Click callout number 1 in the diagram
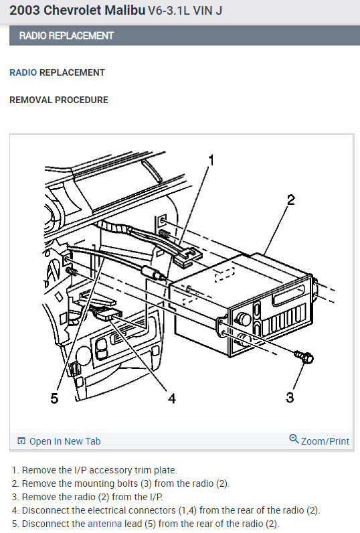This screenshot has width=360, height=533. [211, 160]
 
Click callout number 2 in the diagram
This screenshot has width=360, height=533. [290, 200]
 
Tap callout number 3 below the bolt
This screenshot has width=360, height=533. [289, 397]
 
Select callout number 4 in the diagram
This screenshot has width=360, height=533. [172, 398]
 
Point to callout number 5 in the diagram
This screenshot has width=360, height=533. [54, 398]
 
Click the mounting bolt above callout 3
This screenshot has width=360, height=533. [304, 357]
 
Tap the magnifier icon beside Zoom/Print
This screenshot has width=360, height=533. [294, 439]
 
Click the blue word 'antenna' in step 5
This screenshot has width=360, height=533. [104, 524]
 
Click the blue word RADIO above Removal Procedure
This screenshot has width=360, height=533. [23, 72]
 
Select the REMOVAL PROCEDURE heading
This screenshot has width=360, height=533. [59, 100]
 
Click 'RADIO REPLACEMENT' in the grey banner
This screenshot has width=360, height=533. [66, 35]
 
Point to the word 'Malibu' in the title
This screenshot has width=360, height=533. [124, 11]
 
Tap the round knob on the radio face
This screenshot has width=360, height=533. [243, 319]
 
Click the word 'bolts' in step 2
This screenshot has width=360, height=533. [127, 483]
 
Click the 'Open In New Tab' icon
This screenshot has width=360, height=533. [21, 441]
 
